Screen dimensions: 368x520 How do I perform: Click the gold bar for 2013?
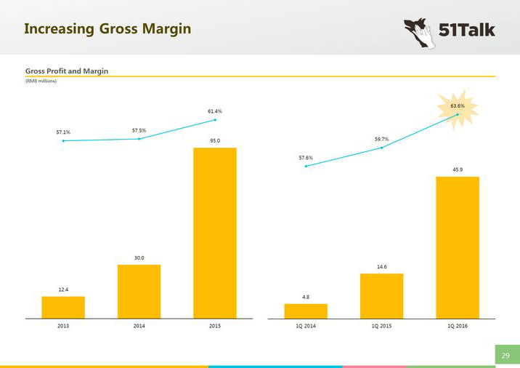point(63,307)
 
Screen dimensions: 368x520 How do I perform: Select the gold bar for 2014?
point(139,291)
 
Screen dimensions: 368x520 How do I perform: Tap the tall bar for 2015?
point(214,233)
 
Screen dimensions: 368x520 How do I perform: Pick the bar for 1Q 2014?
point(306,311)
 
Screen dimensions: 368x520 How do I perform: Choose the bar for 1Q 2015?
point(381,295)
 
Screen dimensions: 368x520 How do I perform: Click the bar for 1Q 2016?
point(457,247)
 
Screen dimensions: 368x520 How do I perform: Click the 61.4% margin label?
point(214,111)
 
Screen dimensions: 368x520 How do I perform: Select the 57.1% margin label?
point(63,132)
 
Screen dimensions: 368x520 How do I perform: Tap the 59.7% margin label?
point(381,139)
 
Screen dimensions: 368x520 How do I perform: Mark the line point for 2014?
point(139,139)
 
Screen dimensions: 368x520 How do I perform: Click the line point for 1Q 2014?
point(306,166)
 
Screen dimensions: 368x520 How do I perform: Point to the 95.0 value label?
point(214,141)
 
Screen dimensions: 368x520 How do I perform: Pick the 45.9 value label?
point(457,169)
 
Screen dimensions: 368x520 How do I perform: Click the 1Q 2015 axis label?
point(381,327)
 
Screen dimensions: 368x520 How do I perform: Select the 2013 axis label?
point(63,327)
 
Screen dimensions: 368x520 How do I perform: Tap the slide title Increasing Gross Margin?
point(107,29)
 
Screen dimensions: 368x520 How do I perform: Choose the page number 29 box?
point(506,355)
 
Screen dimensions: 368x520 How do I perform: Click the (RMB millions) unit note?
point(41,81)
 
